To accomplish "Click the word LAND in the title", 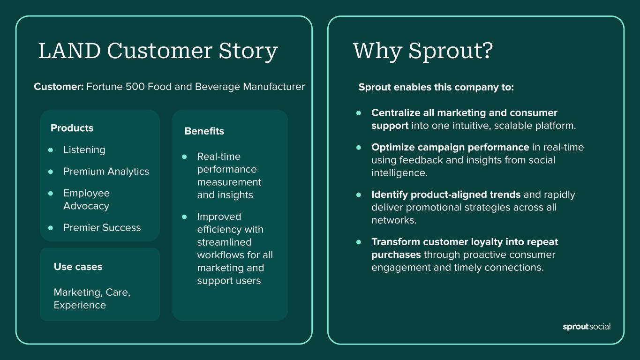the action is click(x=69, y=51).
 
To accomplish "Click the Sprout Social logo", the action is click(x=587, y=327).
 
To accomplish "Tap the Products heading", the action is click(x=72, y=128).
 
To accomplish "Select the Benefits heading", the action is click(x=204, y=131).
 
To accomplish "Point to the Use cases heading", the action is click(x=78, y=267).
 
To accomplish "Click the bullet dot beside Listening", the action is click(x=51, y=150).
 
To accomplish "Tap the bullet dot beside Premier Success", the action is click(x=51, y=228).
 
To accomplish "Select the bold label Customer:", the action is click(x=59, y=87).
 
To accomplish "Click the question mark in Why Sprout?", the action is click(x=487, y=51).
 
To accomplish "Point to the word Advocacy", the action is click(x=86, y=206).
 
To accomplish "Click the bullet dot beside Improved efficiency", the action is click(x=184, y=217).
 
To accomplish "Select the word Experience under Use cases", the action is click(x=80, y=306).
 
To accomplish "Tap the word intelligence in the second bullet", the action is click(x=399, y=173).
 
